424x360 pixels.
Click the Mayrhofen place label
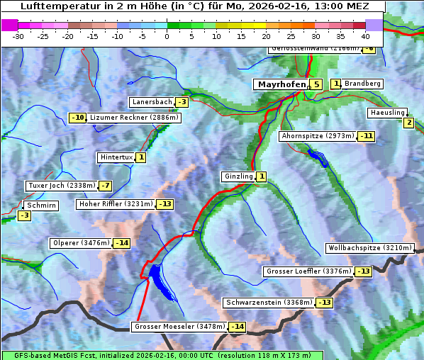pyautogui.click(x=281, y=84)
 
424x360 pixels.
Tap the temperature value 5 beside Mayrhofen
pyautogui.click(x=316, y=84)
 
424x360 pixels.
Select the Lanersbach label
pyautogui.click(x=152, y=102)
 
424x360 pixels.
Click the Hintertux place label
pyautogui.click(x=116, y=157)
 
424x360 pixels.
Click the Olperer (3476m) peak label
pyautogui.click(x=81, y=243)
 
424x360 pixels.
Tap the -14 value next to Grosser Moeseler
pyautogui.click(x=237, y=327)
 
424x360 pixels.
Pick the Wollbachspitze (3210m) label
pyautogui.click(x=369, y=248)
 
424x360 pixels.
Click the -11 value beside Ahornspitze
pyautogui.click(x=366, y=135)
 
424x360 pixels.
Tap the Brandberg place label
pyautogui.click(x=362, y=84)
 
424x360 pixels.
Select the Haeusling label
pyautogui.click(x=387, y=113)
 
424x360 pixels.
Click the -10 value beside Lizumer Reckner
pyautogui.click(x=77, y=118)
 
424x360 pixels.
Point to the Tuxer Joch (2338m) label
pyautogui.click(x=60, y=186)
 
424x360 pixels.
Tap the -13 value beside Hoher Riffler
pyautogui.click(x=164, y=204)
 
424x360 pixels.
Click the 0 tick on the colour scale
pyautogui.click(x=167, y=35)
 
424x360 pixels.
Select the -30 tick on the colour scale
pyautogui.click(x=18, y=35)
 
